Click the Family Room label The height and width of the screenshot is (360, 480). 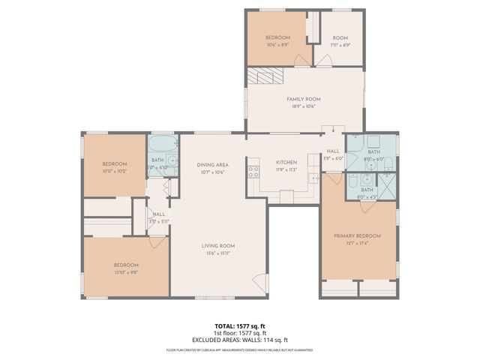304,99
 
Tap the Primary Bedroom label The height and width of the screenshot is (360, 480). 357,236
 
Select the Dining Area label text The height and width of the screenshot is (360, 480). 212,165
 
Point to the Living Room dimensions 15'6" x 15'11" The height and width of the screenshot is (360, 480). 217,253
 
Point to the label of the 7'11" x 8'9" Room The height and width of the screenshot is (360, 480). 341,37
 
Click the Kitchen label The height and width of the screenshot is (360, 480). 286,163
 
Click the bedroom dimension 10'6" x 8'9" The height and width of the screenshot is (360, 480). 277,44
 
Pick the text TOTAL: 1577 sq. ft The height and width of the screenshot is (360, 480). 240,326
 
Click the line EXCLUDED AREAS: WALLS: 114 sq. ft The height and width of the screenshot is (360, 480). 240,340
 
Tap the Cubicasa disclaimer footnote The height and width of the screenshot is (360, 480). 240,350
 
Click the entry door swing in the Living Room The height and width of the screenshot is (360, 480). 259,283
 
